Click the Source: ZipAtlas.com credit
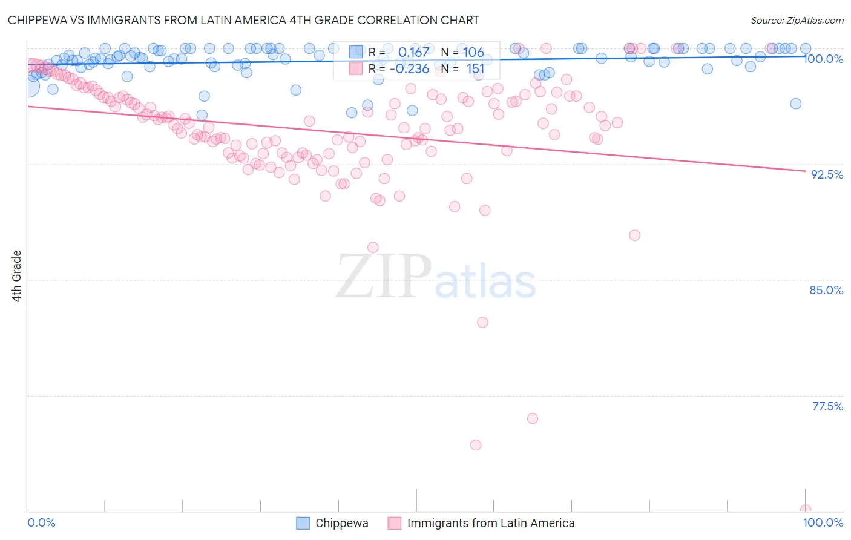click(797, 21)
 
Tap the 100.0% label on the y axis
click(824, 59)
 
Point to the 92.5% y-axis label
click(827, 174)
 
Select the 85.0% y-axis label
click(826, 290)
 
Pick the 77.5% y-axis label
click(827, 406)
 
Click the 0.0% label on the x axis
click(41, 523)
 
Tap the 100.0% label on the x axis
click(823, 523)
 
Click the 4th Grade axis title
click(17, 276)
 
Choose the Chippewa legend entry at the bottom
click(341, 524)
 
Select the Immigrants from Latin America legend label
click(491, 524)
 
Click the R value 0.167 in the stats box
click(413, 52)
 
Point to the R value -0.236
click(409, 69)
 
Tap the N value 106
click(473, 52)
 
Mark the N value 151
click(475, 69)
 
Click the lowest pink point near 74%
click(476, 445)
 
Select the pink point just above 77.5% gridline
click(533, 418)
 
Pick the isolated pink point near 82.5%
click(482, 322)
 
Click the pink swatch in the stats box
click(355, 69)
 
